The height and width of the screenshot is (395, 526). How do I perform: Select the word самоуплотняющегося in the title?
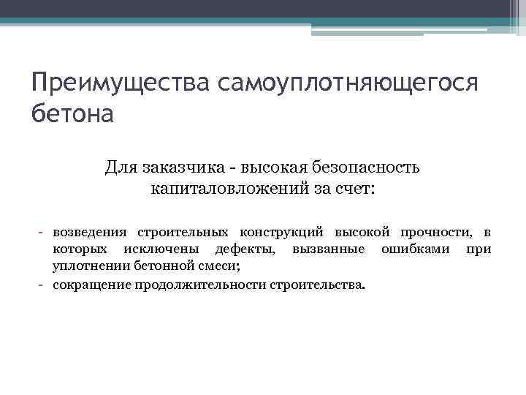[348, 84]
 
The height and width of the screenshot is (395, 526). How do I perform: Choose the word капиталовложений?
[220, 189]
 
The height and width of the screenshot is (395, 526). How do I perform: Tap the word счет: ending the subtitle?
[352, 189]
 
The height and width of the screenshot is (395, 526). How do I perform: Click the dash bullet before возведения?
[42, 233]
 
